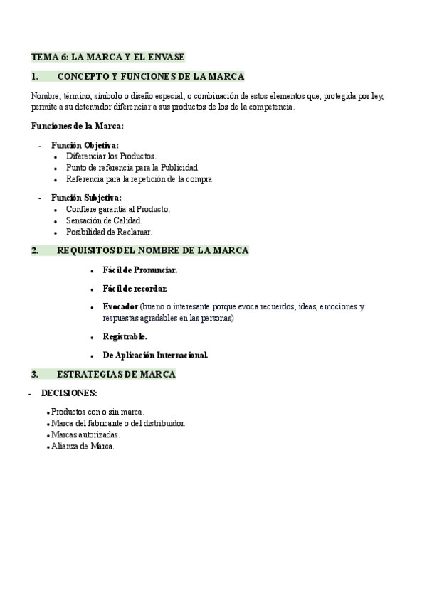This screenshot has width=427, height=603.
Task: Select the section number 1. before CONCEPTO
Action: tap(35, 76)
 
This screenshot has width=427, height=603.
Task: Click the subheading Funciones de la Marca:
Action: tap(78, 126)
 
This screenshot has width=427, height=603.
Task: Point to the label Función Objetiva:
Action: tap(85, 145)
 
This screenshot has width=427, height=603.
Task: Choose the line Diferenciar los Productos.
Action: tap(111, 156)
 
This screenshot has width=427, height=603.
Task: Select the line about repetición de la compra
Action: tap(139, 178)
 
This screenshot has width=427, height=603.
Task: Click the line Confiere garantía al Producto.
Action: tap(118, 209)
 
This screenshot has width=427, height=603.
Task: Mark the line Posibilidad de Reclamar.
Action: tap(109, 232)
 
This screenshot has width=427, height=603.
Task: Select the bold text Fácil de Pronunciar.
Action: tap(140, 270)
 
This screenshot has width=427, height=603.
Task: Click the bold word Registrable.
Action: tap(125, 336)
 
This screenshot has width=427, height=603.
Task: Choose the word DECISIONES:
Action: tap(69, 393)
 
